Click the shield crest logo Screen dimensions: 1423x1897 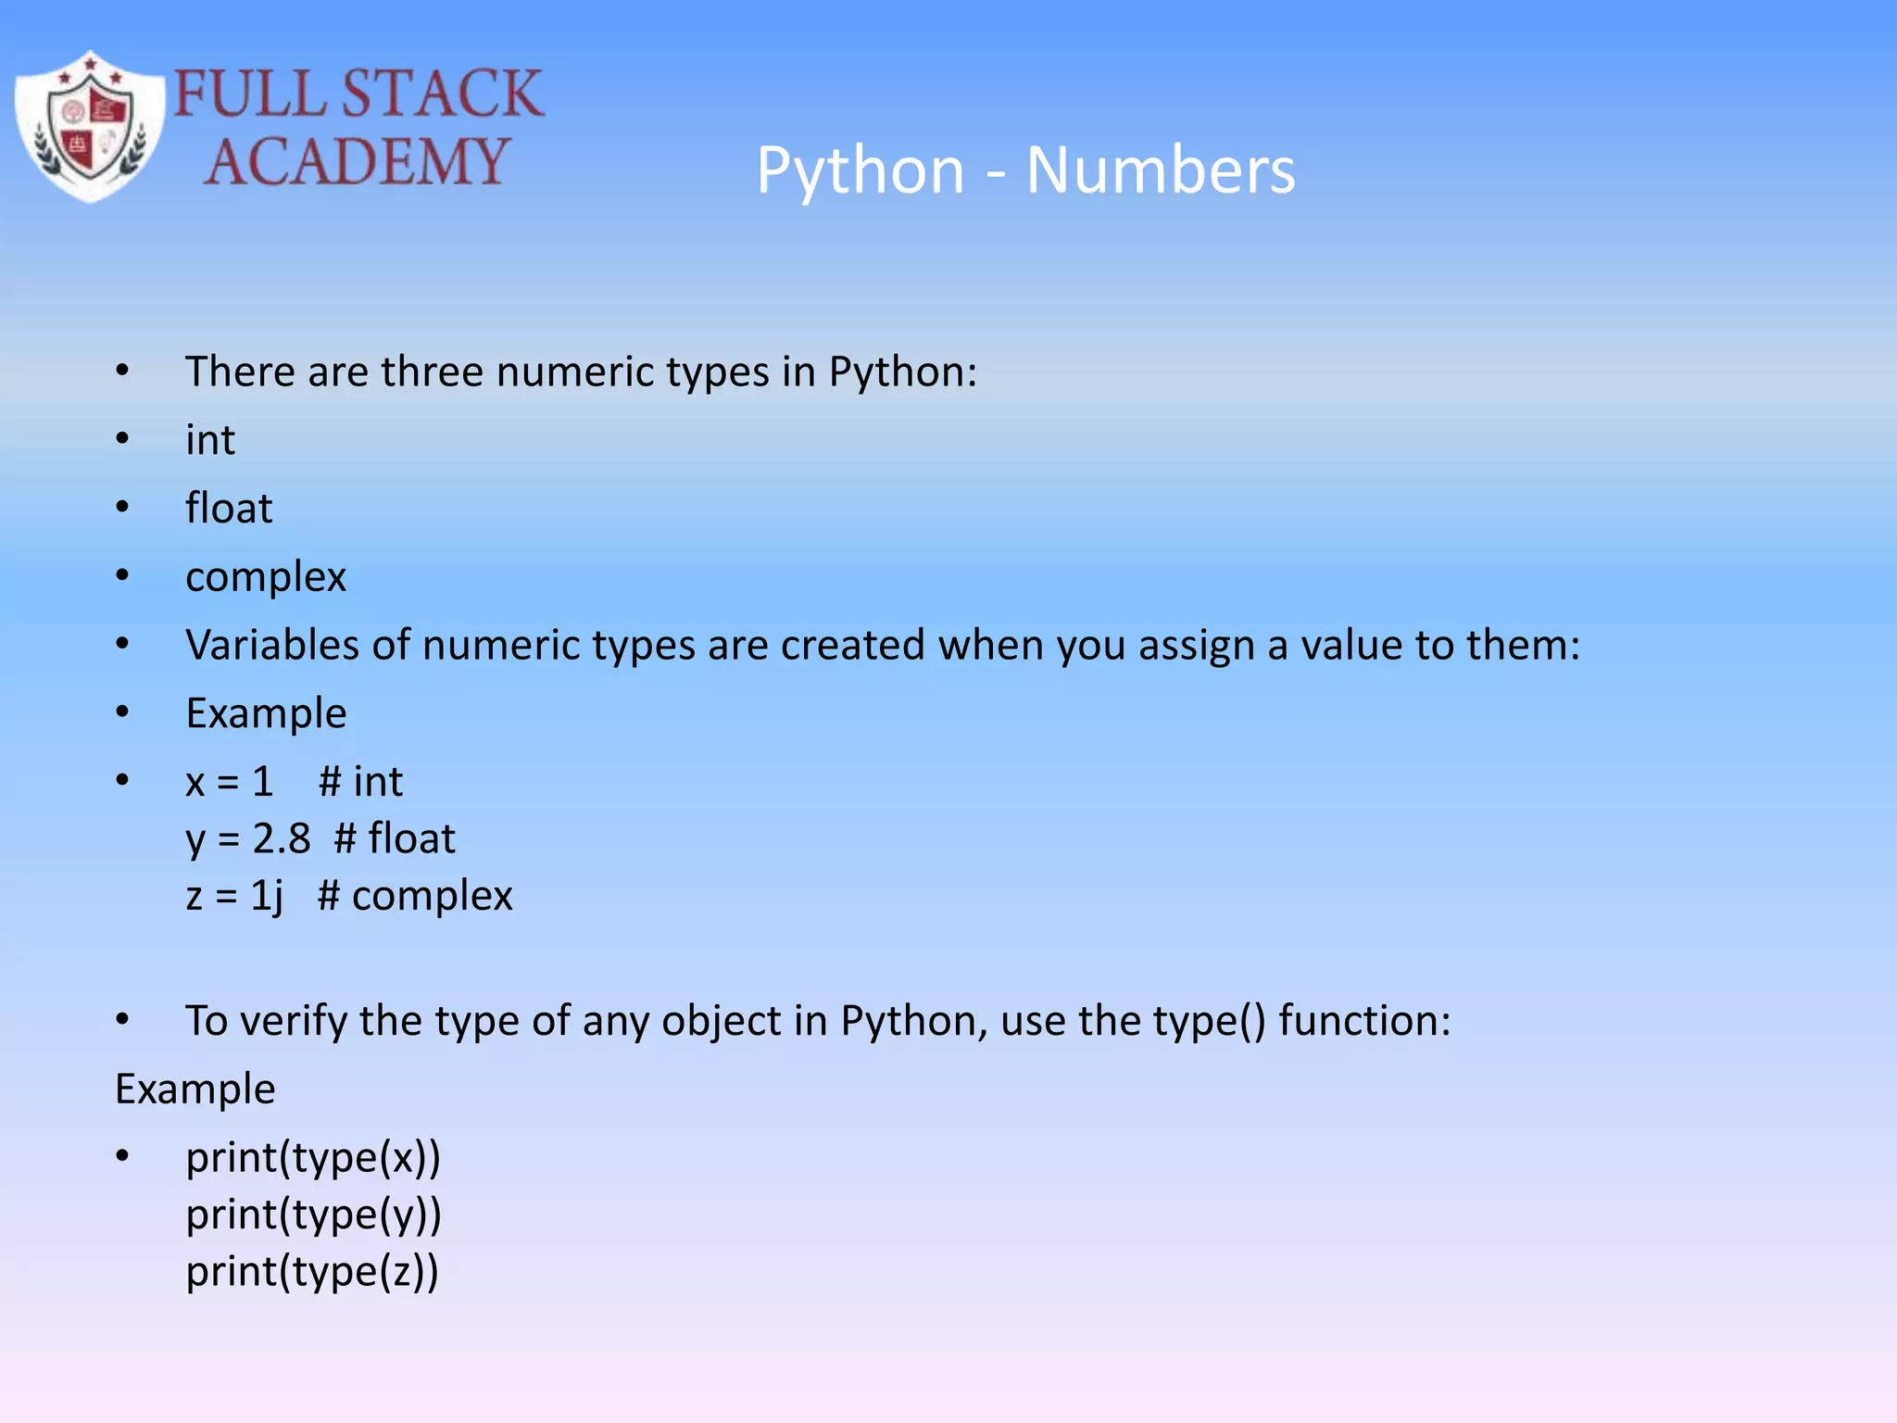pyautogui.click(x=90, y=127)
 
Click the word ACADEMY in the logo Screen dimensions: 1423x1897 pyautogui.click(x=357, y=162)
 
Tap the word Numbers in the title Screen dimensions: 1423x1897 pyautogui.click(x=1161, y=170)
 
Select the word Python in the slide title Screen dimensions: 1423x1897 pyautogui.click(x=861, y=172)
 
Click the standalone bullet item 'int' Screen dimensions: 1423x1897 pyautogui.click(x=210, y=440)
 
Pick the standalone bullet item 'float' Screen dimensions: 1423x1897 pyautogui.click(x=229, y=509)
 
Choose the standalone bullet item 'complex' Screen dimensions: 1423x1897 pyautogui.click(x=266, y=577)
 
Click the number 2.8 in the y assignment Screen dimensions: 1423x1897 pyautogui.click(x=282, y=838)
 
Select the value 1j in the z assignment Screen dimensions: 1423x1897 pyautogui.click(x=267, y=896)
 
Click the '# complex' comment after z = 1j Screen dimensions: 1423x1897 pyautogui.click(x=415, y=896)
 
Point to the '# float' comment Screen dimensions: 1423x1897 pyautogui.click(x=395, y=838)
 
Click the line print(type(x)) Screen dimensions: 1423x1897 pyautogui.click(x=313, y=1158)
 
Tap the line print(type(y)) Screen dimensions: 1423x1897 pyautogui.click(x=313, y=1215)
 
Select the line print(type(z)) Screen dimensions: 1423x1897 pyautogui.click(x=312, y=1271)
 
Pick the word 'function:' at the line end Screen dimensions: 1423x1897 pyautogui.click(x=1364, y=1021)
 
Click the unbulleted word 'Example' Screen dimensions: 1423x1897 pyautogui.click(x=195, y=1089)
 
